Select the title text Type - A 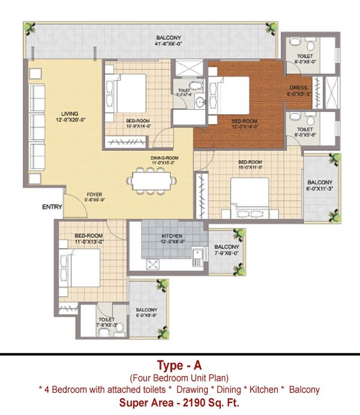pyautogui.click(x=179, y=365)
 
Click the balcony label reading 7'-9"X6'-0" pyautogui.click(x=227, y=250)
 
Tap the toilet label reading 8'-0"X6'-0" pyautogui.click(x=304, y=58)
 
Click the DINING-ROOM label pyautogui.click(x=164, y=160)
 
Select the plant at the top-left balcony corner pyautogui.click(x=29, y=28)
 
